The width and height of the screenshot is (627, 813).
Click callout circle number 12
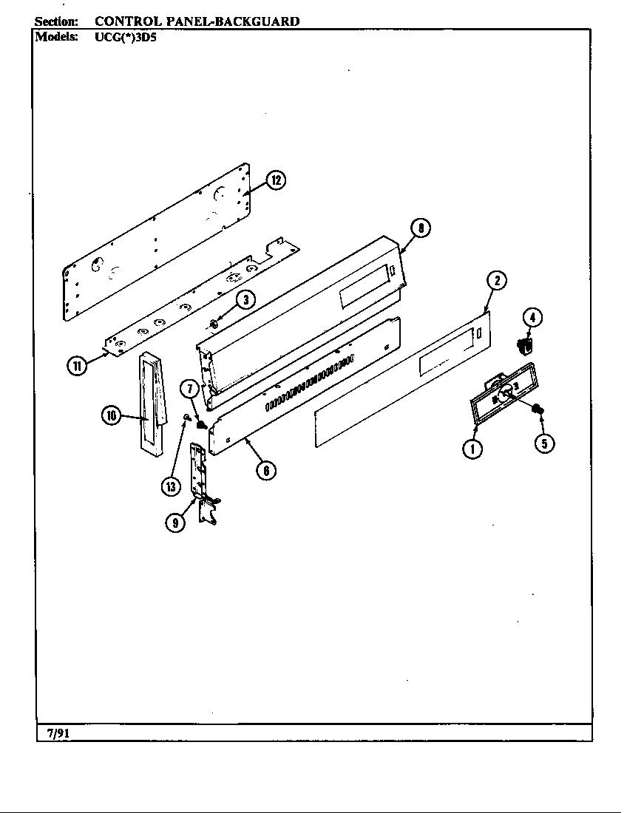tap(275, 180)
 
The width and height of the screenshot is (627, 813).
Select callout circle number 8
tap(420, 228)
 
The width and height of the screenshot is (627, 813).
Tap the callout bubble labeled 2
tap(497, 280)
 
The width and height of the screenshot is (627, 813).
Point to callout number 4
tap(532, 318)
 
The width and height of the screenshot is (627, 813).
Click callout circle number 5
tap(545, 443)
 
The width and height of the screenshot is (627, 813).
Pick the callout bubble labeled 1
tap(472, 448)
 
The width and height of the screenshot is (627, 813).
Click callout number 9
tap(176, 523)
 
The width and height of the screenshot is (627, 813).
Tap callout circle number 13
tap(172, 486)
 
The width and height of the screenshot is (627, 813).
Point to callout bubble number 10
tap(111, 416)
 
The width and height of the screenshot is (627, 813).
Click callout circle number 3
tap(245, 299)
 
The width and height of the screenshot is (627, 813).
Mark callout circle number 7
tap(189, 388)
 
